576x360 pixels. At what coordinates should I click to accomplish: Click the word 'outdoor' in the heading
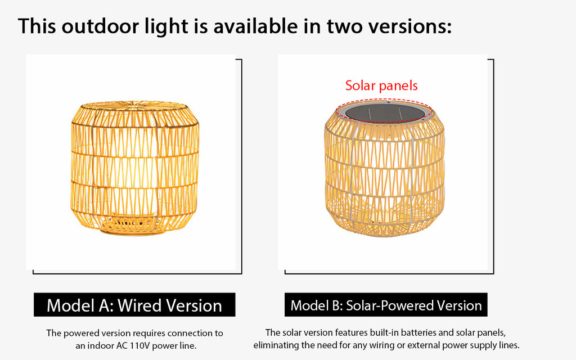point(100,26)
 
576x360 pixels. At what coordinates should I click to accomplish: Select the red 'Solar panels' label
point(381,85)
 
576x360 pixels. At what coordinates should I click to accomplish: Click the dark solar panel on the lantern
point(385,112)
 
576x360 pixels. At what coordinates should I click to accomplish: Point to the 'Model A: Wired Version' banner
point(134,305)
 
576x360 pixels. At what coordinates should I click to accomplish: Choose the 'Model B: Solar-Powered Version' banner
point(386,305)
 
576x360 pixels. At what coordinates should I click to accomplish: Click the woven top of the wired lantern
point(134,106)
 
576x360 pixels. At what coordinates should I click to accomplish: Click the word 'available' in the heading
point(256,26)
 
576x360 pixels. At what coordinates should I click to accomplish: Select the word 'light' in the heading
point(166,26)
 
